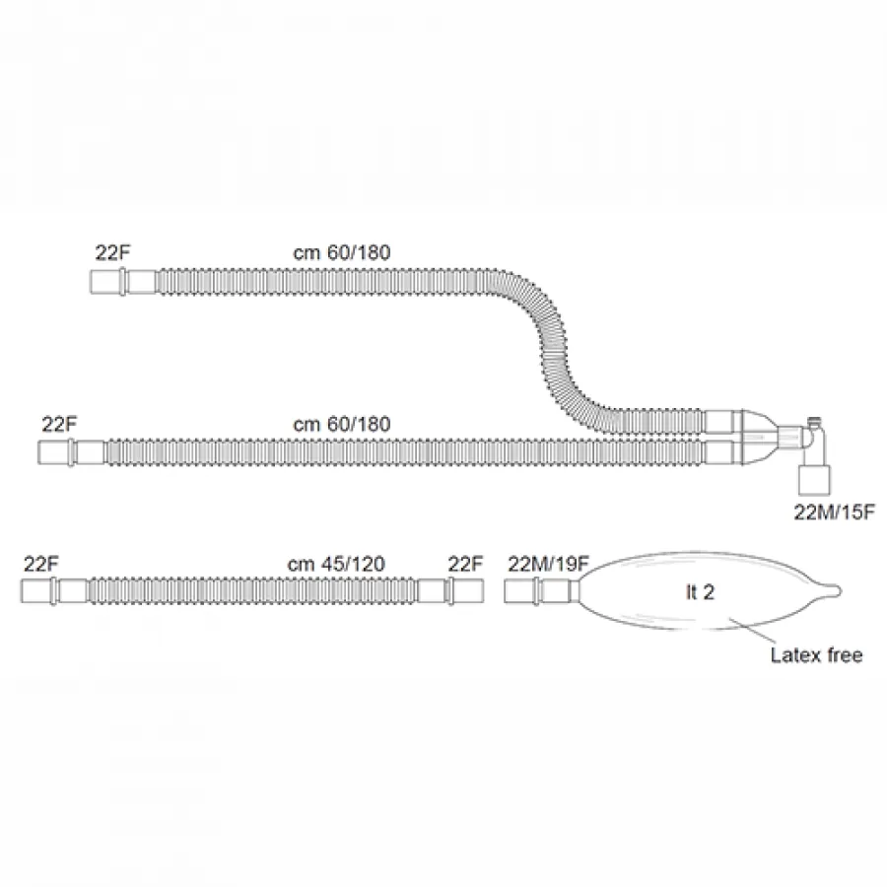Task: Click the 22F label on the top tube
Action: pyautogui.click(x=112, y=252)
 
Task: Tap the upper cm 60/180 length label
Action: pyautogui.click(x=342, y=252)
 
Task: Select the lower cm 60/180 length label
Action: pyautogui.click(x=342, y=424)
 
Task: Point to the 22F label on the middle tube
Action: pyautogui.click(x=59, y=424)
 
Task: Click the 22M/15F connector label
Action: pyautogui.click(x=835, y=512)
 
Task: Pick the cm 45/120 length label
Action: pyautogui.click(x=336, y=564)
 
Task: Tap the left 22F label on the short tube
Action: pyautogui.click(x=41, y=564)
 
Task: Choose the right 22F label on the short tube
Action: pyautogui.click(x=465, y=564)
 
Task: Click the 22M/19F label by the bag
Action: pyautogui.click(x=548, y=564)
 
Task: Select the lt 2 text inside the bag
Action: pyautogui.click(x=701, y=592)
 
